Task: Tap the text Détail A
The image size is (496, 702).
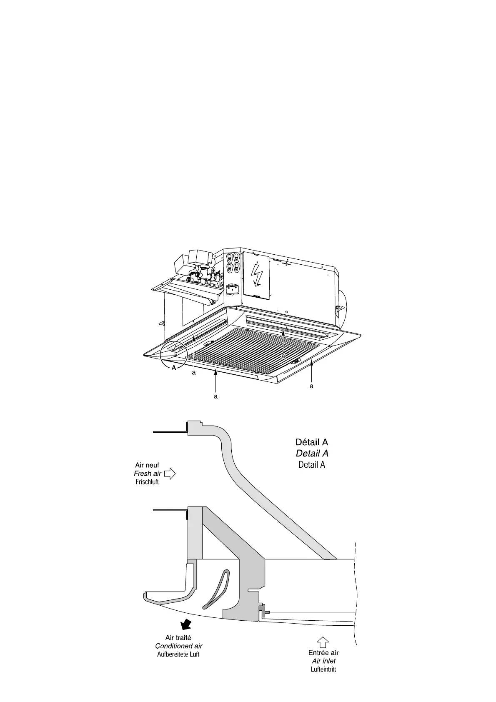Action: (x=311, y=442)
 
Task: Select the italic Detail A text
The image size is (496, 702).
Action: (x=312, y=453)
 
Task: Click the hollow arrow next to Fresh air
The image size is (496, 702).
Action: (x=170, y=474)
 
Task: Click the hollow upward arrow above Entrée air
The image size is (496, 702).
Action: (x=323, y=642)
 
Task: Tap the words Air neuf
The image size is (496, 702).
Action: (x=147, y=465)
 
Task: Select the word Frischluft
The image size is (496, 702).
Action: (x=147, y=482)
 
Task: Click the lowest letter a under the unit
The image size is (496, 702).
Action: (x=215, y=396)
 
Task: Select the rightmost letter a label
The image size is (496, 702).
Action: (x=311, y=386)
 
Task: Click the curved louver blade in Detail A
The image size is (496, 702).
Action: (x=215, y=588)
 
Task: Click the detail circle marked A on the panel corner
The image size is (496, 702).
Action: (x=172, y=353)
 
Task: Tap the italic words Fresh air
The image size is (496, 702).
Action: (x=148, y=474)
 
